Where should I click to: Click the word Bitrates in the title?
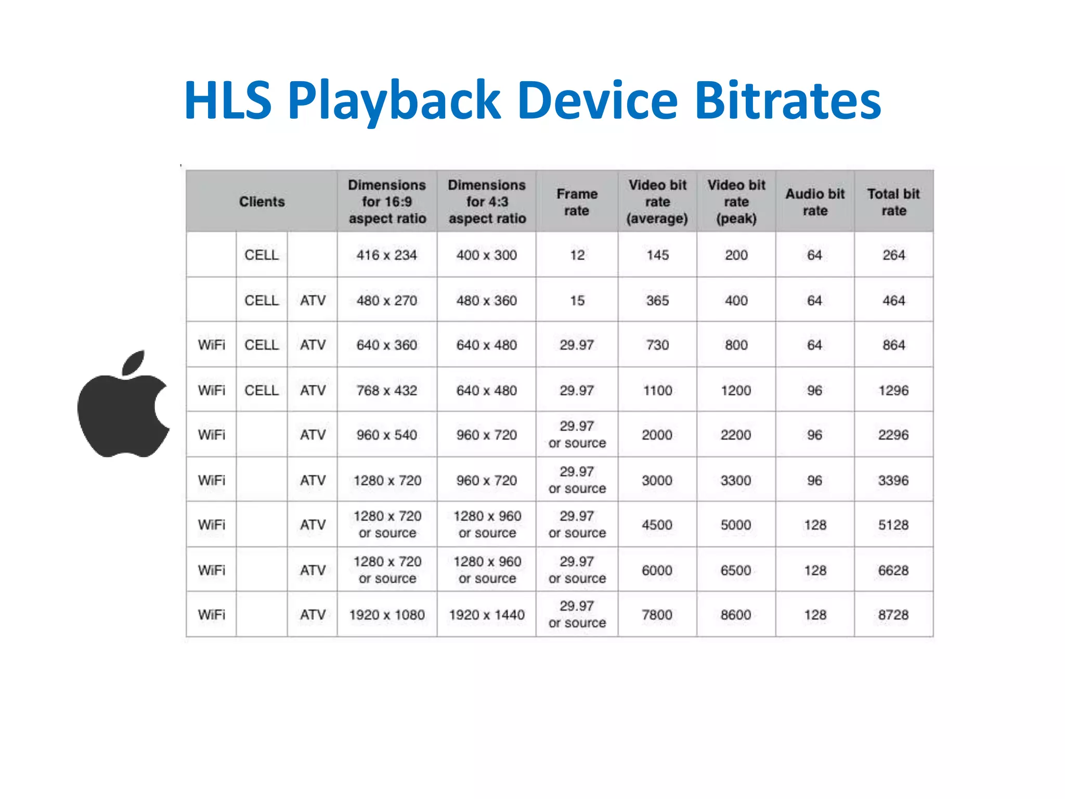click(x=787, y=100)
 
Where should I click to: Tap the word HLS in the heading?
click(x=228, y=100)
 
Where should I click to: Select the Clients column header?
click(x=262, y=202)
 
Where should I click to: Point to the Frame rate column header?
click(x=577, y=202)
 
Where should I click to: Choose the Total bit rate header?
click(x=893, y=202)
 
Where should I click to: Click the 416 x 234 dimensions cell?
click(x=387, y=255)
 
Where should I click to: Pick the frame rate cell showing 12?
click(x=577, y=255)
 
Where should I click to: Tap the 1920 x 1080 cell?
click(x=387, y=615)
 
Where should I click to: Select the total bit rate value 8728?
click(x=893, y=615)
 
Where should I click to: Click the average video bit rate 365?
click(x=657, y=301)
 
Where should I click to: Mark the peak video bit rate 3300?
click(x=736, y=480)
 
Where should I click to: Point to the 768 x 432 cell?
click(x=387, y=390)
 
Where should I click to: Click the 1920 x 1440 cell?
click(x=487, y=615)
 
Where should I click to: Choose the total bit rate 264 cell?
click(x=893, y=255)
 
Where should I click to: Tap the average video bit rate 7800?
click(x=657, y=615)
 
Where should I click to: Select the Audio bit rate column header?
click(x=815, y=202)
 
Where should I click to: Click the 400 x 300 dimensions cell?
click(x=487, y=255)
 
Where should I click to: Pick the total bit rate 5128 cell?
click(x=893, y=525)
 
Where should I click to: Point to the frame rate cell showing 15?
click(x=577, y=301)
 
